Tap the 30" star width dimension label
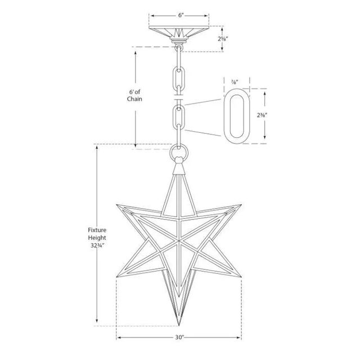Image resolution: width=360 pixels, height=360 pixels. pyautogui.click(x=179, y=338)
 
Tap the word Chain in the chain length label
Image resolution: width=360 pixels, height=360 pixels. pyautogui.click(x=134, y=99)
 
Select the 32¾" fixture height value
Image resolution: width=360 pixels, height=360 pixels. pyautogui.click(x=97, y=246)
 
